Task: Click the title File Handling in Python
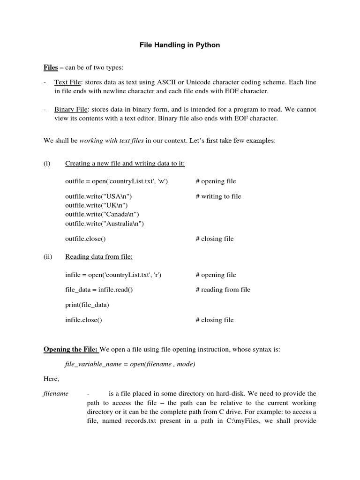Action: (180, 45)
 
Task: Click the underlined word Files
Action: (51, 67)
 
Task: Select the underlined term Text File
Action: (68, 82)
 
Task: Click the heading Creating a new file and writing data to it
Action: (125, 163)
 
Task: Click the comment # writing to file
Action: (218, 196)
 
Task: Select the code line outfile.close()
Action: (85, 239)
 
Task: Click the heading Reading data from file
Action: (99, 256)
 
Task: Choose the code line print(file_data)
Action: (87, 305)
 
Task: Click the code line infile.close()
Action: (83, 320)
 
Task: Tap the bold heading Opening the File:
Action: (71, 349)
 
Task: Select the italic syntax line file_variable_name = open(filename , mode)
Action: (129, 364)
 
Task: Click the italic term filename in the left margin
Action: (56, 393)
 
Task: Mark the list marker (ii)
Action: (48, 256)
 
